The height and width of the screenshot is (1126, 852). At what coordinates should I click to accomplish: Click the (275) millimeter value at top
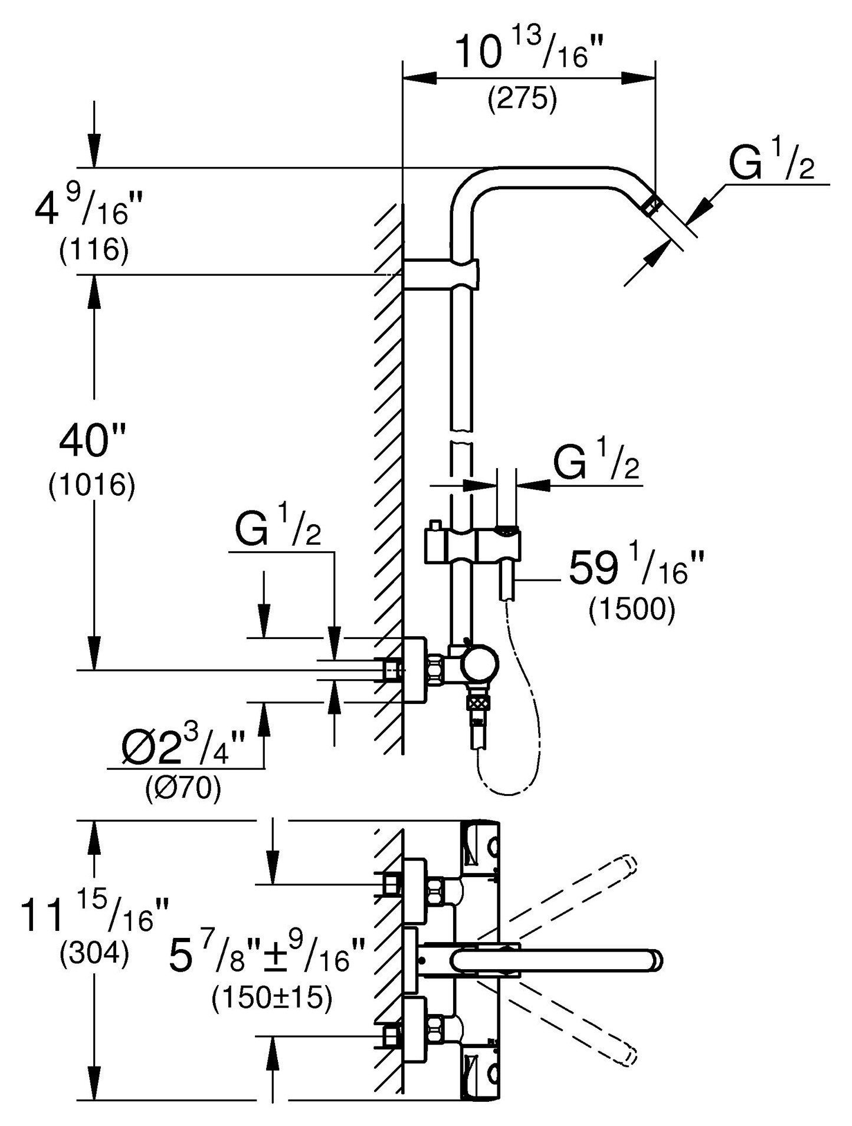(x=522, y=99)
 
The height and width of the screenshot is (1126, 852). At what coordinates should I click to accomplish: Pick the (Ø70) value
(x=183, y=788)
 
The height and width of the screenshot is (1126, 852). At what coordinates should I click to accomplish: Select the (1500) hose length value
(x=631, y=611)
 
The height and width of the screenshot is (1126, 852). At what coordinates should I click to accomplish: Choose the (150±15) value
(x=271, y=997)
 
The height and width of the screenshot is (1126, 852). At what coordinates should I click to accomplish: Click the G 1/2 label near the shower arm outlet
(x=772, y=163)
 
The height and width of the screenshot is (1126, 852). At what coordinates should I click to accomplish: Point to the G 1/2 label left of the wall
(x=277, y=529)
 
